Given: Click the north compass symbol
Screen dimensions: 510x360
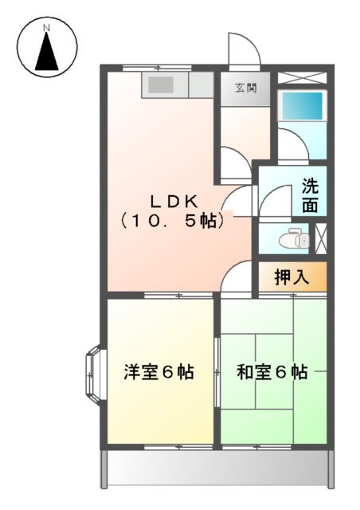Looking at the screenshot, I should coord(47,49).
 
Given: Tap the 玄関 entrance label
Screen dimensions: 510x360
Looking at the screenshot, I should coord(245,88).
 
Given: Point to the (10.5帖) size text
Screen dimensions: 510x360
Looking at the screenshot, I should coord(171,221).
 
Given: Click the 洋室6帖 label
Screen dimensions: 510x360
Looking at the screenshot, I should coord(158,372).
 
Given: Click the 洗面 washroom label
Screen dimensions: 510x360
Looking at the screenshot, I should coord(310,195).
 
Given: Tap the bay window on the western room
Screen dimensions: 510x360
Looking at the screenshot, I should coord(92,373).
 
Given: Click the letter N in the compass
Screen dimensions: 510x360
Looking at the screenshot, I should coord(46,29).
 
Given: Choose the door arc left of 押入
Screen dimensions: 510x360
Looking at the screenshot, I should coord(237,279).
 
